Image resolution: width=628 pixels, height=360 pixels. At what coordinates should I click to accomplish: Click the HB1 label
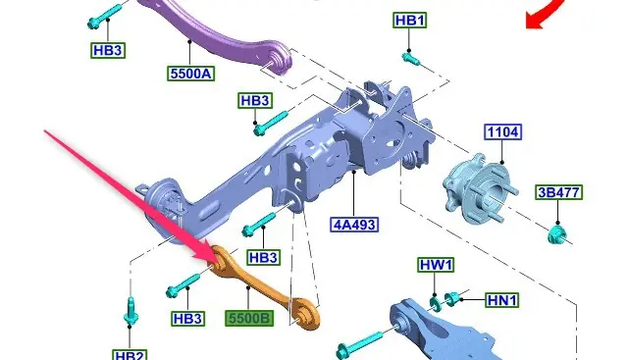[x=410, y=20]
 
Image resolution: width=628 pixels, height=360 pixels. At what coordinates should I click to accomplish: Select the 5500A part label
[x=191, y=74]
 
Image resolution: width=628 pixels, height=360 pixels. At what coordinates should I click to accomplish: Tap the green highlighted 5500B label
[x=249, y=319]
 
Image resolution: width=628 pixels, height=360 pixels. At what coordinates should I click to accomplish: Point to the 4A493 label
[x=354, y=225]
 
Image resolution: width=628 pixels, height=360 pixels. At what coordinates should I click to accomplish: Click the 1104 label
[x=503, y=131]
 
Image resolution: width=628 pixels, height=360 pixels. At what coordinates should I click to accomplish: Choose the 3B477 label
[x=558, y=192]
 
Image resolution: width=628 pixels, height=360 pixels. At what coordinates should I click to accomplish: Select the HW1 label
[x=436, y=265]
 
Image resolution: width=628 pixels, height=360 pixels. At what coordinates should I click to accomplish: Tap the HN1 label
[x=502, y=300]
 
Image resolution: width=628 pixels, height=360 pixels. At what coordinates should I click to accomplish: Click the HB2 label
[x=130, y=355]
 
